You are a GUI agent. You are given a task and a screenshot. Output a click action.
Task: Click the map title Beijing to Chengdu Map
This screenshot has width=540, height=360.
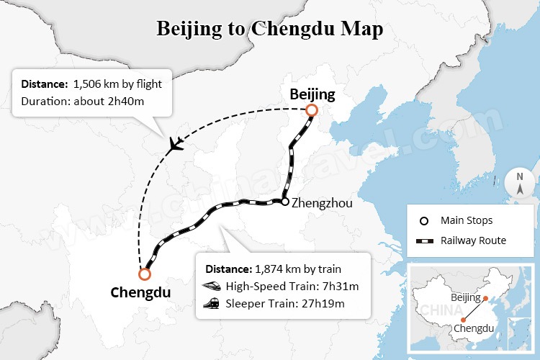[269, 30]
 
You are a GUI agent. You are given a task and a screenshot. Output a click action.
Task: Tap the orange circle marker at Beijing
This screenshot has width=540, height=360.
[311, 110]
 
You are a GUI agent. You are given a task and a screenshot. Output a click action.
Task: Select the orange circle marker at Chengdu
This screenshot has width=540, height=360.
[145, 274]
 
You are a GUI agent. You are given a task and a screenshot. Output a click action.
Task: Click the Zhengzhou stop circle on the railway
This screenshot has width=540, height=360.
[285, 202]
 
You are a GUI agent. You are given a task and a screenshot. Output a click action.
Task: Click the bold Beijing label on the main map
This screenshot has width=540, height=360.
[312, 94]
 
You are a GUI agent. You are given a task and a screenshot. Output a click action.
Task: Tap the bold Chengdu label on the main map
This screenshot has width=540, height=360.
[140, 292]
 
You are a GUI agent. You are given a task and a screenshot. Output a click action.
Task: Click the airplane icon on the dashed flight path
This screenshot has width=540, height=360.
[175, 143]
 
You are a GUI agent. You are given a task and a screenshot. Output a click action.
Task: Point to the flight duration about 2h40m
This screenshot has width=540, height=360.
[114, 101]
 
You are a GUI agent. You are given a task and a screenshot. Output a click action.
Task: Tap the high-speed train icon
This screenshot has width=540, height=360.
[212, 287]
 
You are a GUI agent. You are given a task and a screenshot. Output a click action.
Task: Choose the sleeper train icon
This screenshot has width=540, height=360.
[212, 303]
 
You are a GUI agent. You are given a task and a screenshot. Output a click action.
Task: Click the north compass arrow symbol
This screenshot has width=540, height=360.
[520, 183]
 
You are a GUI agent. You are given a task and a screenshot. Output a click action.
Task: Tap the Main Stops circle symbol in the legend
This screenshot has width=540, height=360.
[423, 220]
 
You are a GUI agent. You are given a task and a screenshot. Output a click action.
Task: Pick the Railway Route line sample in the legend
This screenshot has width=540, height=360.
[424, 240]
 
